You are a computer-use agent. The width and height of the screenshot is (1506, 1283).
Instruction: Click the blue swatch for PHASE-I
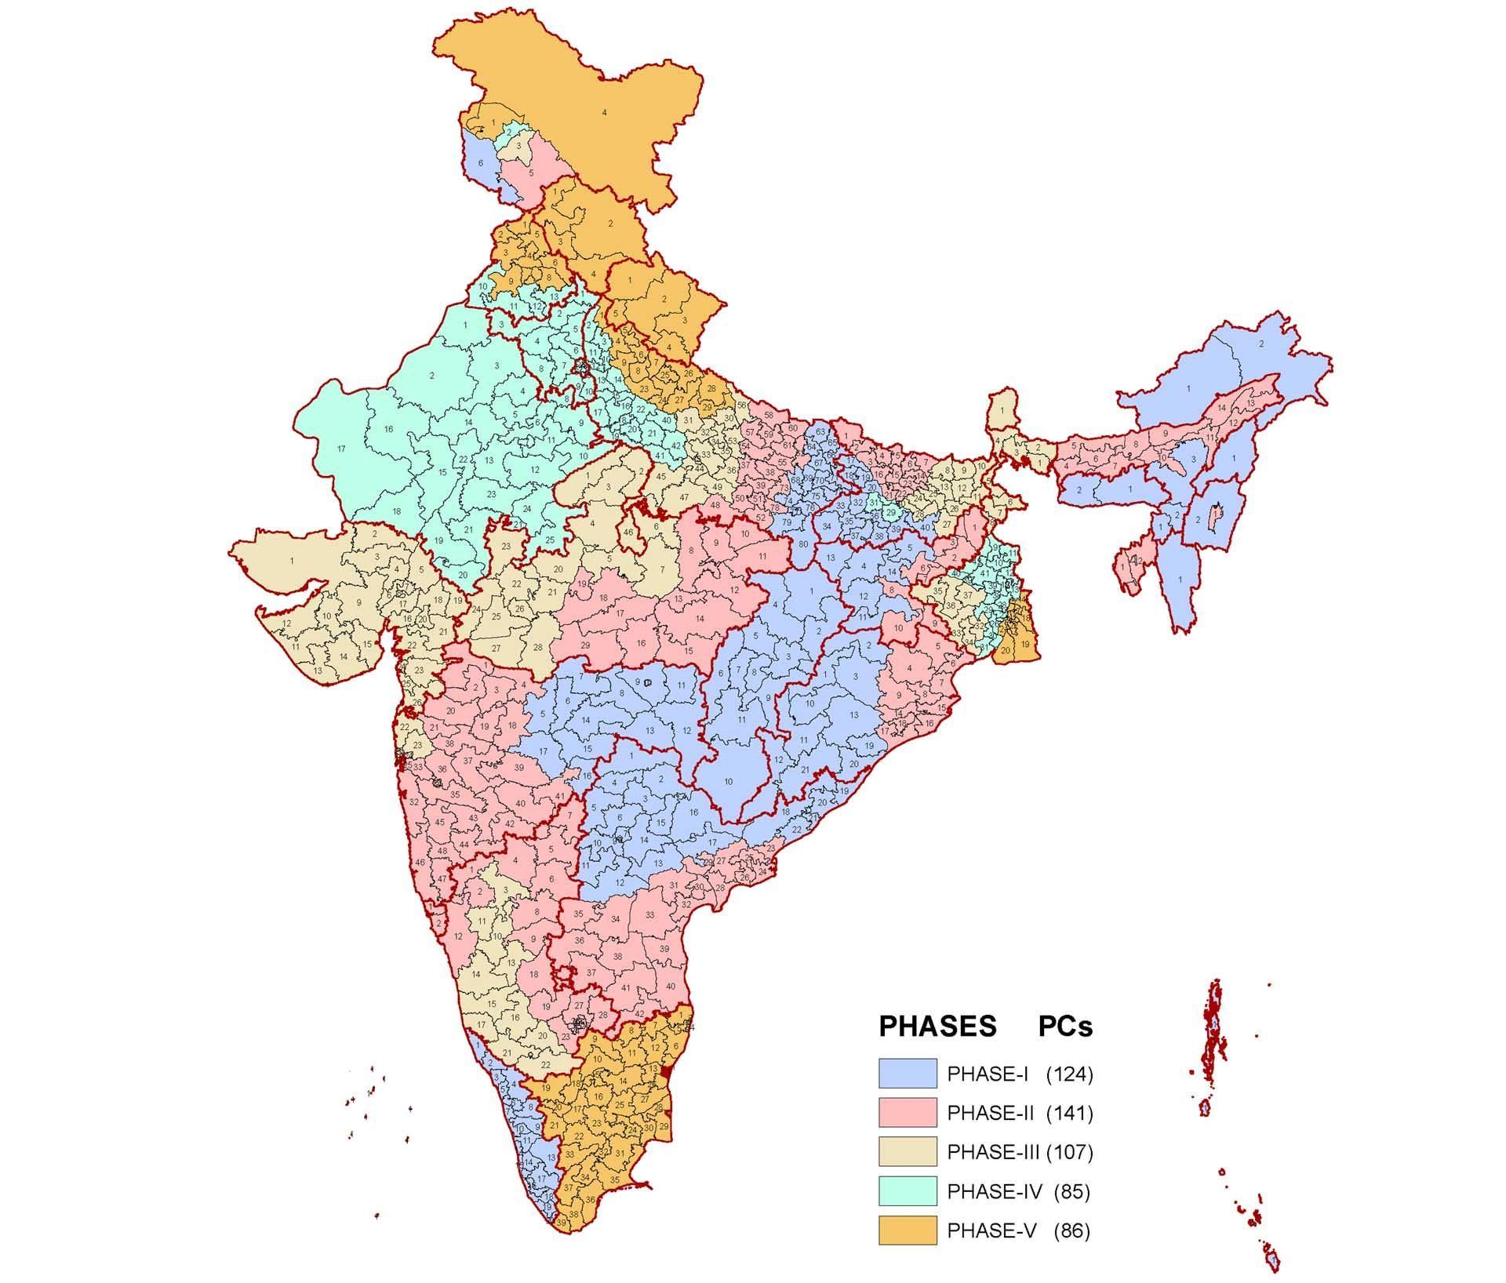pos(908,1074)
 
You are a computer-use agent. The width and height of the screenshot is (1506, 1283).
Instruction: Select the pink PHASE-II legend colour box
pos(908,1113)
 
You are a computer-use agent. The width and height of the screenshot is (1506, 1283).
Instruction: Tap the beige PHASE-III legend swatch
pos(908,1152)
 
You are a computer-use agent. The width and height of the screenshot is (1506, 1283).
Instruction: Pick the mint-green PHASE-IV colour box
pos(908,1191)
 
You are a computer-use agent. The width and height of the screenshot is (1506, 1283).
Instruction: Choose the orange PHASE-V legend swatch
pos(908,1230)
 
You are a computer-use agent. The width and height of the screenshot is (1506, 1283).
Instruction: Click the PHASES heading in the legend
pos(937,1026)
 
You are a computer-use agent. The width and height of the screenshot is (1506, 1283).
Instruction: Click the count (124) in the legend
pos(1068,1074)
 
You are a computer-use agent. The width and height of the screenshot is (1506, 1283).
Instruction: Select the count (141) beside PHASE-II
pos(1068,1113)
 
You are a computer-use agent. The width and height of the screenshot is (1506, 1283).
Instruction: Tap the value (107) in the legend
pos(1068,1152)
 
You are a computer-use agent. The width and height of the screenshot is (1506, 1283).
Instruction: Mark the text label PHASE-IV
pos(994,1191)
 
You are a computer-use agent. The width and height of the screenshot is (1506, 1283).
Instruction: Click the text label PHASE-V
pos(992,1230)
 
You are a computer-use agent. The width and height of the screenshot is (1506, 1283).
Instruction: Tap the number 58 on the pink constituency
pos(769,415)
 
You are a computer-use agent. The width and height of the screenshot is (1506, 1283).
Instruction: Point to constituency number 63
pos(820,431)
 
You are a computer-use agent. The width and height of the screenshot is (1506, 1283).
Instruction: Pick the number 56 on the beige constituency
pos(741,405)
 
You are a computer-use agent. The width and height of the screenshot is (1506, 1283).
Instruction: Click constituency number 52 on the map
pos(760,518)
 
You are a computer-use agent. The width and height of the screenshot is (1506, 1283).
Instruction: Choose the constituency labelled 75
pos(815,496)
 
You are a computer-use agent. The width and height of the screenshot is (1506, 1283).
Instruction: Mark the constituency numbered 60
pos(793,428)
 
